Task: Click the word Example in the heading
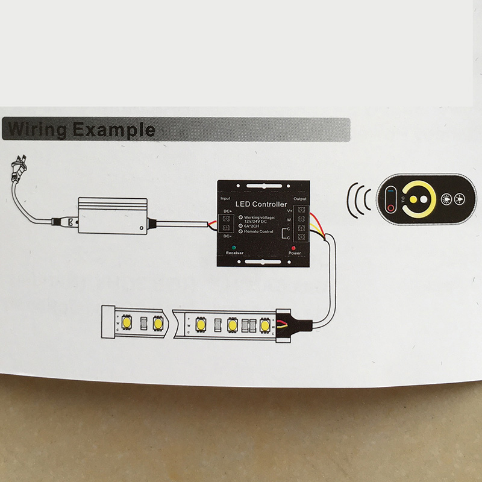click(x=114, y=130)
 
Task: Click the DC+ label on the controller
click(x=227, y=211)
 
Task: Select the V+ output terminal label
click(x=289, y=211)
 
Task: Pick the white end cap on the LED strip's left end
click(x=107, y=324)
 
